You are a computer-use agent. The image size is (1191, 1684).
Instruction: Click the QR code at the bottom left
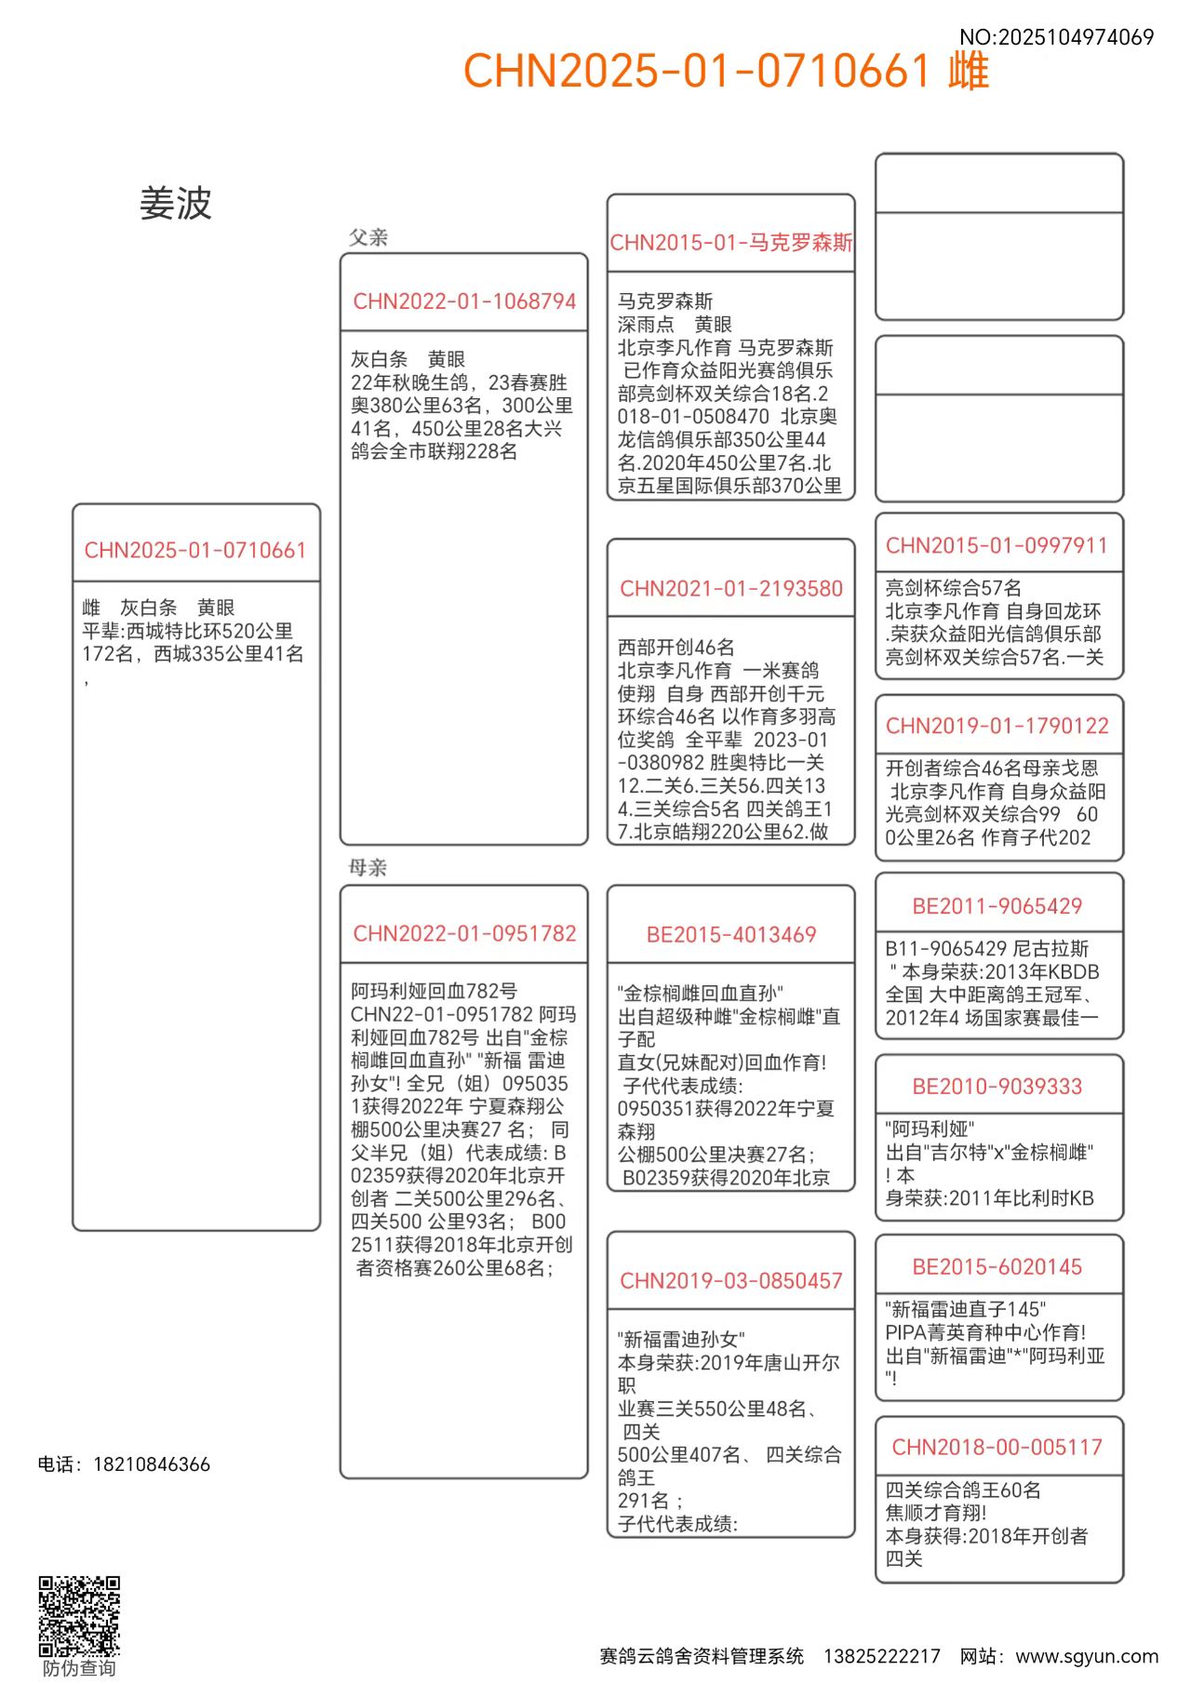[x=79, y=1616]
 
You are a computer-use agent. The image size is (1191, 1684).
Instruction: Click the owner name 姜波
[x=176, y=204]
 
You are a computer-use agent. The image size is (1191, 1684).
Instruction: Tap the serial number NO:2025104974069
[x=1056, y=37]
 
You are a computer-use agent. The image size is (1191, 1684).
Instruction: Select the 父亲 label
[x=368, y=237]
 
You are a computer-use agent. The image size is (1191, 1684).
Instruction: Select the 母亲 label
[x=368, y=867]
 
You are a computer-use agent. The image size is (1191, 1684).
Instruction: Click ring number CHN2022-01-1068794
[x=464, y=301]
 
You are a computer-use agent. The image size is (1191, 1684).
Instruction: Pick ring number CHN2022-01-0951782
[x=464, y=933]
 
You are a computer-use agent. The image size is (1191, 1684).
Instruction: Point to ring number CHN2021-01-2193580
[x=731, y=589]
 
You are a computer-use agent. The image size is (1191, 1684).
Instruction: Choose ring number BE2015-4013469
[x=731, y=935]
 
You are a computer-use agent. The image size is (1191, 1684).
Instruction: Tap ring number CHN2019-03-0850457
[x=731, y=1281]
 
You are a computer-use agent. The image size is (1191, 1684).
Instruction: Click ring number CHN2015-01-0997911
[x=997, y=546]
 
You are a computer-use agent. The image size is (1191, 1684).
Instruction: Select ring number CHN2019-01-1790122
[x=997, y=726]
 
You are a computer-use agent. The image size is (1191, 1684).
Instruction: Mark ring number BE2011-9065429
[x=997, y=906]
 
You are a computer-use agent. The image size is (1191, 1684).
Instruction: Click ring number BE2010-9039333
[x=997, y=1087]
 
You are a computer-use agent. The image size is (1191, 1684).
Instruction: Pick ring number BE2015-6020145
[x=997, y=1267]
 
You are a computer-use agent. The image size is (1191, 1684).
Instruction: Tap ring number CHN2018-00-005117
[x=997, y=1448]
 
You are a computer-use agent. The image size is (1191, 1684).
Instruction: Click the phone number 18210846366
[x=152, y=1464]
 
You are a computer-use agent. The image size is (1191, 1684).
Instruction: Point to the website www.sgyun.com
[x=1087, y=1656]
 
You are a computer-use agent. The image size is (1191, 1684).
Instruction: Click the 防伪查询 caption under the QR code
[x=79, y=1668]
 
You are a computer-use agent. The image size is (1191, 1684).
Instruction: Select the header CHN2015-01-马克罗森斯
[x=731, y=243]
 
